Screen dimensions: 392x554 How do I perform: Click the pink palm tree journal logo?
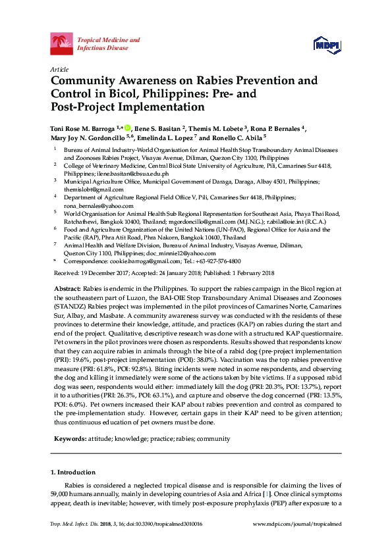coord(62,44)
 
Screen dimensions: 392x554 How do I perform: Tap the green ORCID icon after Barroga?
coord(128,128)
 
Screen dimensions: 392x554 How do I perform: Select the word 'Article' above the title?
coord(59,68)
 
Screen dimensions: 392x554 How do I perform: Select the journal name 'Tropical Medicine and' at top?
coord(109,40)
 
